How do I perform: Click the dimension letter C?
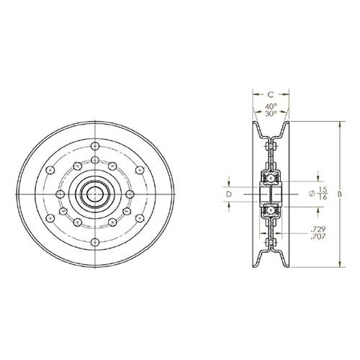270,94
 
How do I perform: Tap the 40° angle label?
270,107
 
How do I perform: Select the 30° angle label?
270,114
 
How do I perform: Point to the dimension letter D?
229,194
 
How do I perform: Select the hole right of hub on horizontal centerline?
129,194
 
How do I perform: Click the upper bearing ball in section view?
270,176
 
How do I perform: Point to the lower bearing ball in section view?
270,211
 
